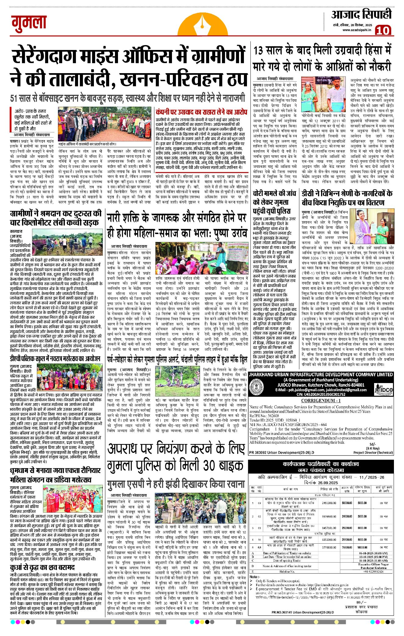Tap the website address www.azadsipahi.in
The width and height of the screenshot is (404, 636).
coord(356,30)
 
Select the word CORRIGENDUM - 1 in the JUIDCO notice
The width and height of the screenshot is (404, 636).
coord(321,401)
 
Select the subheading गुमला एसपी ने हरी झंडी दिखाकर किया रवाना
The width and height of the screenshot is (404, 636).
coord(176,484)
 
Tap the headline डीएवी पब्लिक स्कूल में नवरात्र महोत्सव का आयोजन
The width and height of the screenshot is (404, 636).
coord(55,358)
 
